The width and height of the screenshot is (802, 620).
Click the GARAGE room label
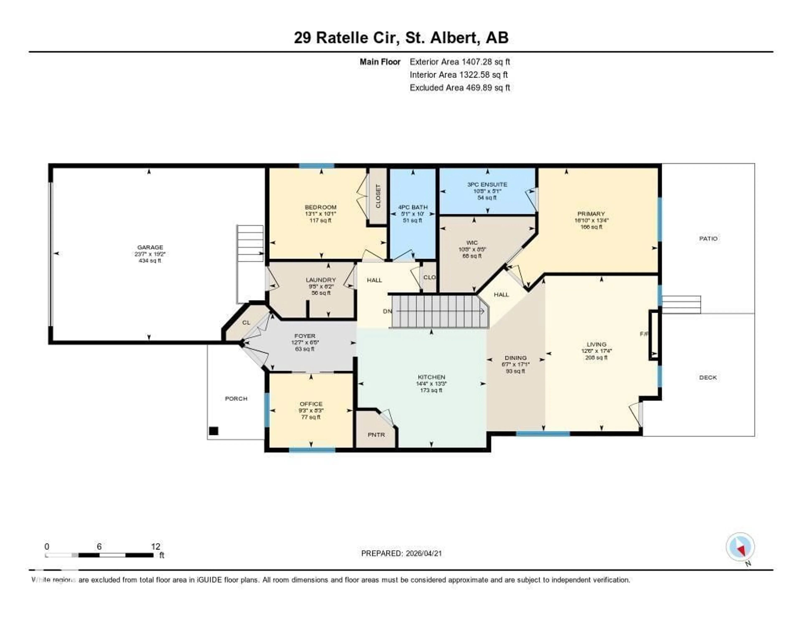[150, 247]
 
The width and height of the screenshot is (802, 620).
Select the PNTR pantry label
[376, 435]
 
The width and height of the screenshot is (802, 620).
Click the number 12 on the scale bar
[156, 546]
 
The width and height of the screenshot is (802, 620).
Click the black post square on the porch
[214, 431]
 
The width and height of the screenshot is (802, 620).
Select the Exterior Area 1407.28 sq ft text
[460, 62]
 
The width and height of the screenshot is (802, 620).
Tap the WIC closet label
[472, 242]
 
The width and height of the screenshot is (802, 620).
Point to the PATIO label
[708, 239]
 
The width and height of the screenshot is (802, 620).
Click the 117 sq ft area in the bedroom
[321, 221]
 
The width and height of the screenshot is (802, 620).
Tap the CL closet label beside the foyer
[246, 323]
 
